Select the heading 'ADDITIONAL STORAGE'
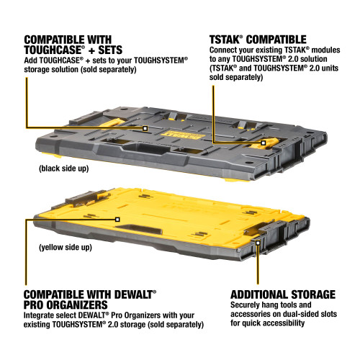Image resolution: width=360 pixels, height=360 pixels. [x=282, y=294]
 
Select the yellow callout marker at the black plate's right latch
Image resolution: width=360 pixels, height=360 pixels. [x=264, y=143]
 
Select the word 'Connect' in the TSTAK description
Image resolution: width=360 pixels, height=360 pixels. [x=225, y=50]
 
